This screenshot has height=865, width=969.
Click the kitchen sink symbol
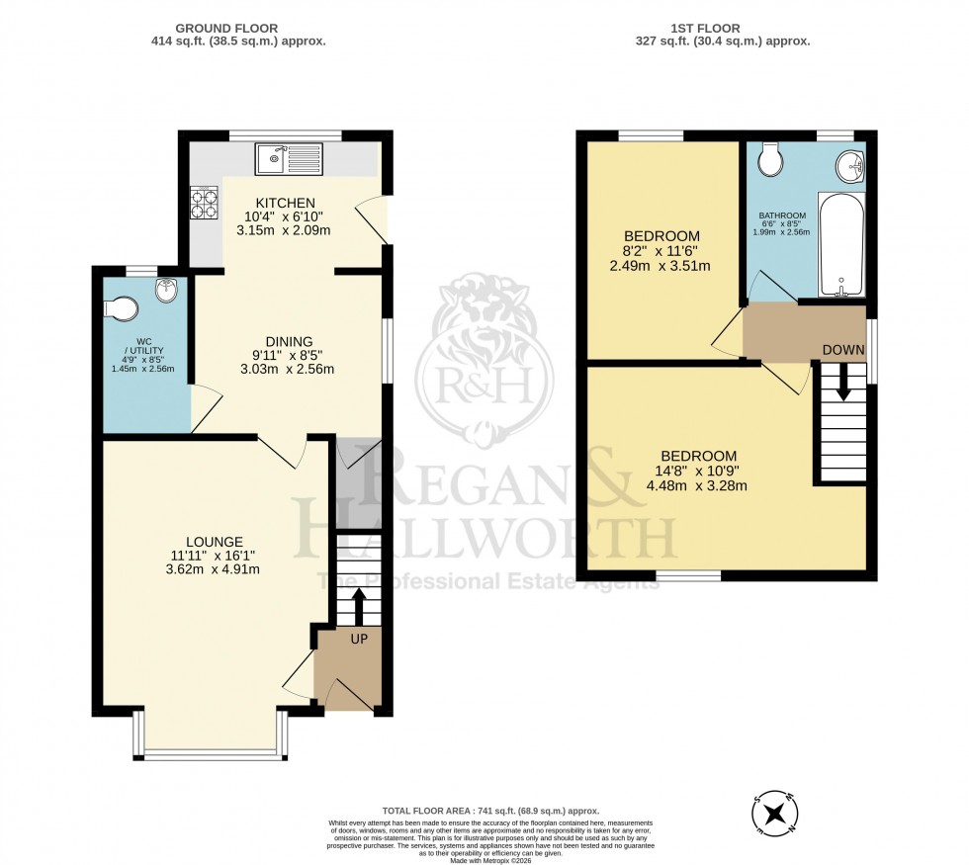pos(288,158)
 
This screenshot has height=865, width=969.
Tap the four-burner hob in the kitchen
pos(205,203)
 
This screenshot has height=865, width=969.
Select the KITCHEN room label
pos(285,203)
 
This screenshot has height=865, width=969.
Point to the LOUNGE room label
pos(214,542)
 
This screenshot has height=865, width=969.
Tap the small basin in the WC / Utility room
pos(165,293)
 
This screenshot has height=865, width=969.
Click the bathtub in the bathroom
pos(841,247)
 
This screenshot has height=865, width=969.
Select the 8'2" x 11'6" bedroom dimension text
pos(662,252)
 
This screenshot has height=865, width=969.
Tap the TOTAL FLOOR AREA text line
pos(491,810)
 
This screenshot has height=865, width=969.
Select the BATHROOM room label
pos(782,216)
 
